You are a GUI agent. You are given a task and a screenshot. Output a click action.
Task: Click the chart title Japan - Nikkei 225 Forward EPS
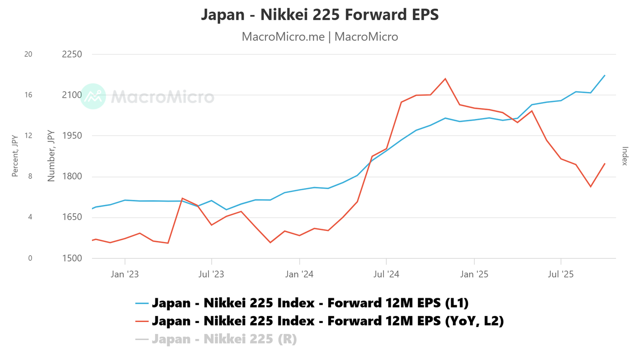(x=320, y=15)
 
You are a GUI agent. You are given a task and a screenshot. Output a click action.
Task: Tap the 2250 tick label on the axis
(x=71, y=54)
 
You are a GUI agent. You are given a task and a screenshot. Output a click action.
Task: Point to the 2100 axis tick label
(x=71, y=95)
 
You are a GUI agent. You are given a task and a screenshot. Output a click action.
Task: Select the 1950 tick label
(x=71, y=136)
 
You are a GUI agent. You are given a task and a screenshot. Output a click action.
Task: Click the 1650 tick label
(x=71, y=217)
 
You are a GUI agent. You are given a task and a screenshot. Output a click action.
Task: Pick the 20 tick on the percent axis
(x=28, y=54)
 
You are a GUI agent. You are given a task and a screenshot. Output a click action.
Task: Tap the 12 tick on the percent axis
(x=28, y=136)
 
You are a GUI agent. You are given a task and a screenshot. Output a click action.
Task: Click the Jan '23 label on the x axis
(x=125, y=274)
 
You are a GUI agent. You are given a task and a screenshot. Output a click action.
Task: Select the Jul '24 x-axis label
(x=386, y=274)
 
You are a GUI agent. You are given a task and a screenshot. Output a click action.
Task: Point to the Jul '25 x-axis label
(x=561, y=274)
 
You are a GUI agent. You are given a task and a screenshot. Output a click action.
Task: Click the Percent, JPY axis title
(x=15, y=156)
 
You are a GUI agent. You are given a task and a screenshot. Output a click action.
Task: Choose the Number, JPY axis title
(x=51, y=156)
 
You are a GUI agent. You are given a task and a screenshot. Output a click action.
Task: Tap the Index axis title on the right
(x=625, y=156)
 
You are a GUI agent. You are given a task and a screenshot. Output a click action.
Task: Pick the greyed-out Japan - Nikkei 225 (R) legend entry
(x=224, y=339)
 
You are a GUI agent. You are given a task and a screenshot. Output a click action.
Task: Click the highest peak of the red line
(x=445, y=79)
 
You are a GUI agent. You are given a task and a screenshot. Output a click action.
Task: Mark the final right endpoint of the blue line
(x=605, y=75)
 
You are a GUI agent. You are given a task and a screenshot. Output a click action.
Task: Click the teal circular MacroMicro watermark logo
(x=93, y=97)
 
